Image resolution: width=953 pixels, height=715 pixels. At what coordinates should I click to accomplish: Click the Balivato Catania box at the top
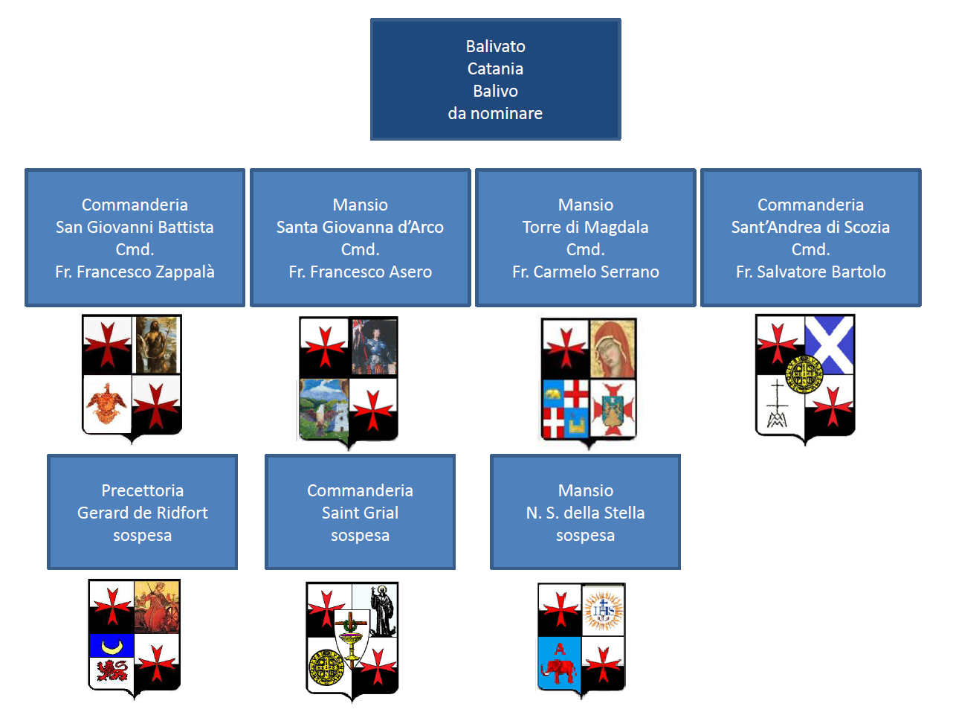[495, 80]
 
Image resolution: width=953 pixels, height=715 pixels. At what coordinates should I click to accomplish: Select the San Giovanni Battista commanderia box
[135, 237]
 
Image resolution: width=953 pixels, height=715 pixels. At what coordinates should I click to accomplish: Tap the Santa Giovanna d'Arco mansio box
[360, 237]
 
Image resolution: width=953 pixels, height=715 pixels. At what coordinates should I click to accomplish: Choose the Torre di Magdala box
[585, 237]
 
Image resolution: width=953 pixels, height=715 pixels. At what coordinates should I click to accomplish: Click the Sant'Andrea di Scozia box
[810, 237]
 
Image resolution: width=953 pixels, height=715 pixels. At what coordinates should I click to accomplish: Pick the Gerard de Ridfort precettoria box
[142, 512]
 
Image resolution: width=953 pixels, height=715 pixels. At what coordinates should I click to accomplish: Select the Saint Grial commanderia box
[360, 512]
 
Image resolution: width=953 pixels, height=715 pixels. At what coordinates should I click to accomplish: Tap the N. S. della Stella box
[585, 512]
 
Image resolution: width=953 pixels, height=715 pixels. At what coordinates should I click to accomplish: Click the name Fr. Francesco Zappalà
[135, 272]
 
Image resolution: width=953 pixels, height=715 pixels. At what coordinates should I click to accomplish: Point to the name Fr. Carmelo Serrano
[585, 272]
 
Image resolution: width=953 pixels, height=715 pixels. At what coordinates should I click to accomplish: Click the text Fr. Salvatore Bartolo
[810, 272]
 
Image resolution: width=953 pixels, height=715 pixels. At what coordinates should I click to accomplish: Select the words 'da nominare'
[495, 114]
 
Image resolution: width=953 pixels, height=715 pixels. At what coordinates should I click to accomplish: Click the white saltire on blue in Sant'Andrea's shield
[830, 343]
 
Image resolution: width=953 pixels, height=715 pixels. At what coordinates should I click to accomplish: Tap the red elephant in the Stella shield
[560, 669]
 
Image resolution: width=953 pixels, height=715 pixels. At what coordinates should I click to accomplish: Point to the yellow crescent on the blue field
[112, 646]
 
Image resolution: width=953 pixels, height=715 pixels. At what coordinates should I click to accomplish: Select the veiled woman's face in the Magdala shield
[613, 348]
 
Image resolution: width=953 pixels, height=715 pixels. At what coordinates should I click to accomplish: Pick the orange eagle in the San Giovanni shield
[108, 403]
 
